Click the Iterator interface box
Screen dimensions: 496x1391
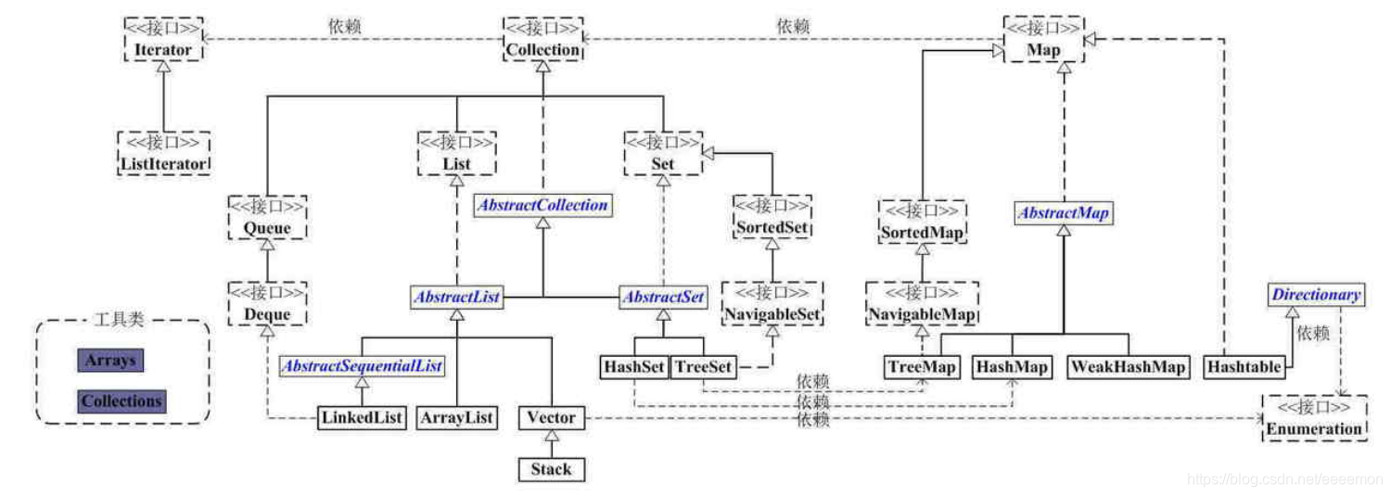pos(163,40)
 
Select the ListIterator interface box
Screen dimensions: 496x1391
pos(163,154)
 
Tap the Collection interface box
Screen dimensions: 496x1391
pos(543,40)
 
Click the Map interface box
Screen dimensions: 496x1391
pos(1043,40)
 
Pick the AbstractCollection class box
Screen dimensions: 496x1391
pos(542,205)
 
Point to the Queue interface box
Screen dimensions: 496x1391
pos(267,218)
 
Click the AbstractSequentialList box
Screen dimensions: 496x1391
pos(362,366)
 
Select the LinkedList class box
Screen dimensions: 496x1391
pos(362,417)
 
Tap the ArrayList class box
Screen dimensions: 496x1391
pos(456,417)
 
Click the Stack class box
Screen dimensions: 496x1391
pos(552,468)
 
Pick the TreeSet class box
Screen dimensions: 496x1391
pos(702,367)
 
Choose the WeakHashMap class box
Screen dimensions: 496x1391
pos(1128,367)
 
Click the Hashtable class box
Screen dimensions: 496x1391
pos(1244,367)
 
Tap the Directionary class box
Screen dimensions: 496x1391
pos(1316,295)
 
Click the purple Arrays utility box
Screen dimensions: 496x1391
pos(110,360)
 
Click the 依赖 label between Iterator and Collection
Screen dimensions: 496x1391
pos(344,26)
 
